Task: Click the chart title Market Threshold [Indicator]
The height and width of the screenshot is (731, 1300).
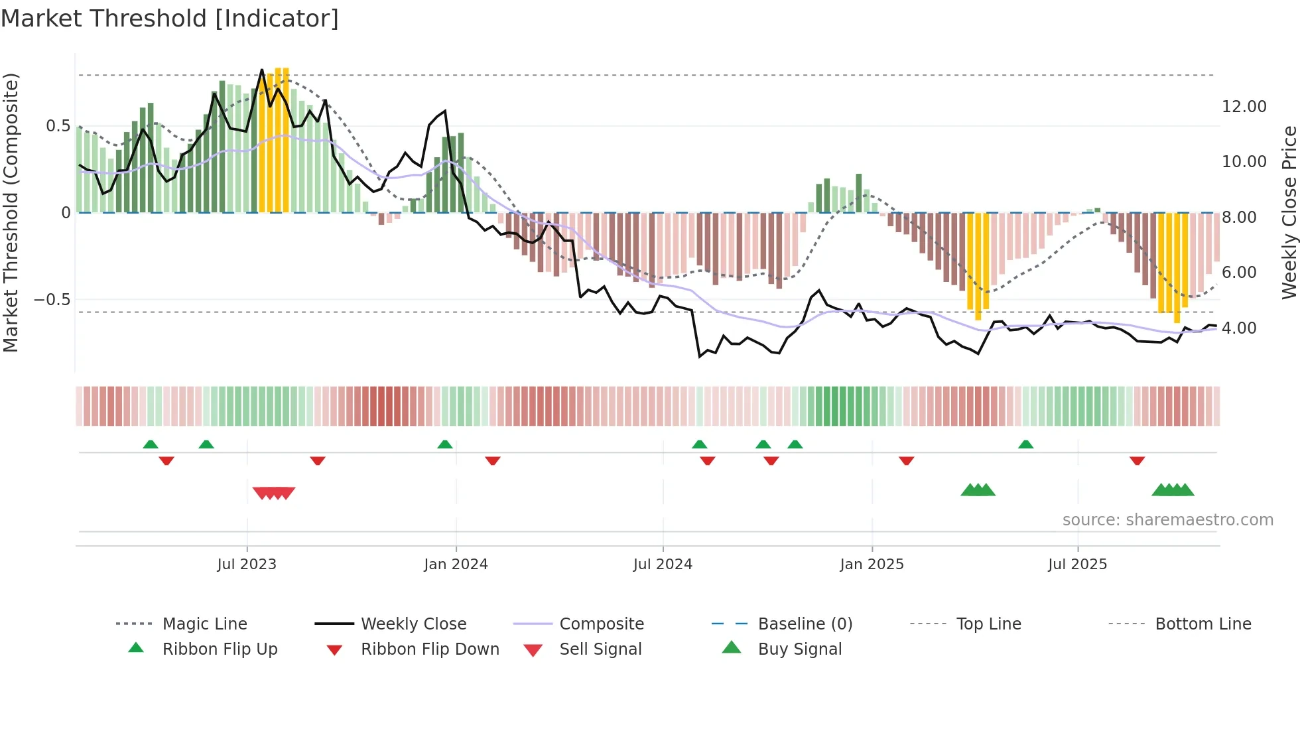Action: click(170, 19)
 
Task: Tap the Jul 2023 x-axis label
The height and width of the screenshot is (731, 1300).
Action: click(247, 565)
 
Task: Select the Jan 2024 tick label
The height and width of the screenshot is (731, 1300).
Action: click(456, 565)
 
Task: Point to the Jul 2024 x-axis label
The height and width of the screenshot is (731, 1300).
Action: click(663, 565)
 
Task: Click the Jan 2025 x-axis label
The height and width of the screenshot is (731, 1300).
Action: click(872, 565)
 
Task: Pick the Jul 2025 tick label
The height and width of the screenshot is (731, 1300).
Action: click(1078, 565)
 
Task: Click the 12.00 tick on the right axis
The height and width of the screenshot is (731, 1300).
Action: click(1244, 107)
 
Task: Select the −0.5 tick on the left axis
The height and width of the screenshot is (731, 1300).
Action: click(52, 300)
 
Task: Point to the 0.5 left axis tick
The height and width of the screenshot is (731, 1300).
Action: click(58, 126)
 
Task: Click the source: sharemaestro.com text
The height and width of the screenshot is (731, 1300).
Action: click(1167, 520)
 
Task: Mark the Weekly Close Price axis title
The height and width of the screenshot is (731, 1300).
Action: click(1289, 212)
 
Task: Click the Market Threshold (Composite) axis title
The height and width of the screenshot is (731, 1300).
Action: click(11, 212)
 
